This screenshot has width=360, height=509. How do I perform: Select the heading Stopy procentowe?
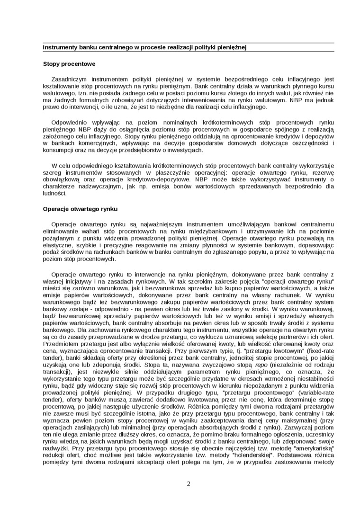[69, 63]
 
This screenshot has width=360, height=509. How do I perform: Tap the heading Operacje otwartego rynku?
[80, 208]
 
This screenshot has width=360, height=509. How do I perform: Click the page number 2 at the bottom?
[188, 484]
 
